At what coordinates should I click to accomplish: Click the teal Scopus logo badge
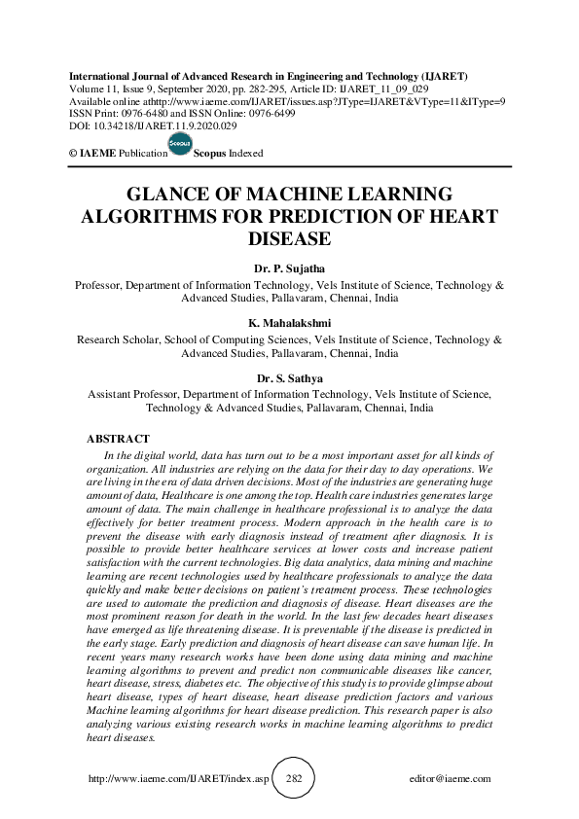[x=180, y=143]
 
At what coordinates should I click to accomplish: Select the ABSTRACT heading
[x=119, y=440]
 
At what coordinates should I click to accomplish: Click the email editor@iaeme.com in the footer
[x=450, y=779]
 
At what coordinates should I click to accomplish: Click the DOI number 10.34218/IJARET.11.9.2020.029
[x=146, y=126]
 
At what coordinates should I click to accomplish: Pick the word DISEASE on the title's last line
[x=289, y=239]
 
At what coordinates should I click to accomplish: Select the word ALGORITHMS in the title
[x=146, y=216]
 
